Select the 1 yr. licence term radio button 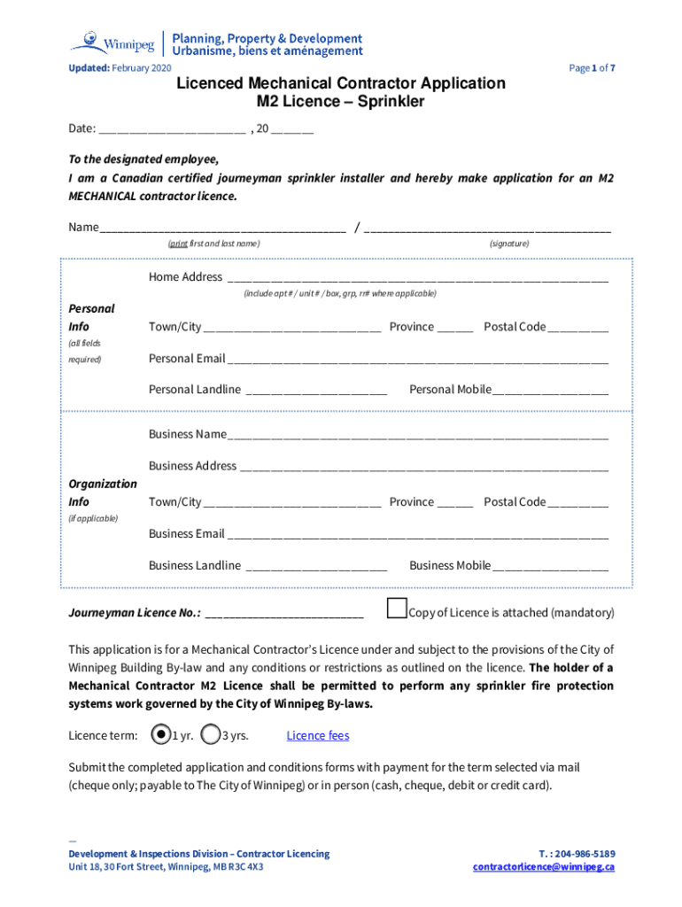(160, 734)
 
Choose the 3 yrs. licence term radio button (211, 734)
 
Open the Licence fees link (317, 735)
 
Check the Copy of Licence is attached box (398, 609)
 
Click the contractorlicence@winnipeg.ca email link (543, 866)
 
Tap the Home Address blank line (416, 277)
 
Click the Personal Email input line (416, 360)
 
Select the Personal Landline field (315, 391)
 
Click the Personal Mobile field (550, 391)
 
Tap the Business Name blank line (416, 435)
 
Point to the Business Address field (423, 467)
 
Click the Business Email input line (416, 534)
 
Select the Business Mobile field (550, 566)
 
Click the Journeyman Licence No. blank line (283, 613)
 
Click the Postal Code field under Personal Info (577, 328)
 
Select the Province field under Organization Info (454, 503)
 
